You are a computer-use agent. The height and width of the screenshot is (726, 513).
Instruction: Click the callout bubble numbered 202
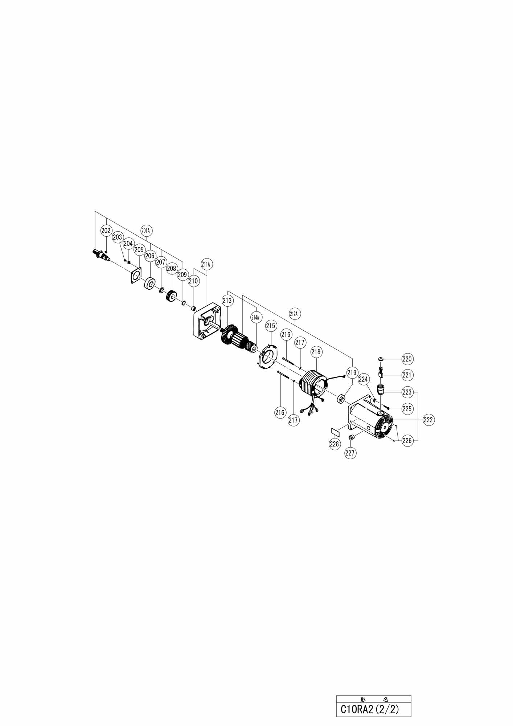click(x=106, y=231)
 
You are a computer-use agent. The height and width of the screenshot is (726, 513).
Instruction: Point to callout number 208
click(x=171, y=269)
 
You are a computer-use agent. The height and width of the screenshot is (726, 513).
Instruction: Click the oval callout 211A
click(x=206, y=264)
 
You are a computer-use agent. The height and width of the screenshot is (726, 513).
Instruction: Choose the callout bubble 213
click(x=227, y=301)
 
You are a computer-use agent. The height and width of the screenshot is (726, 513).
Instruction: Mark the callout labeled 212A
click(x=296, y=313)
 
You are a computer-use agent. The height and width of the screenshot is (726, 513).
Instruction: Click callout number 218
click(x=316, y=352)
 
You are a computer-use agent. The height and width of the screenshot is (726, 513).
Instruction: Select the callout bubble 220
click(x=407, y=359)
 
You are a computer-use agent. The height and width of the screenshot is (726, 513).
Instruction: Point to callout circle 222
click(x=428, y=420)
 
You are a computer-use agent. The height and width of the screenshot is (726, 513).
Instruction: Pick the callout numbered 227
click(x=350, y=453)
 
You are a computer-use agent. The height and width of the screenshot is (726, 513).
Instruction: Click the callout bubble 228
click(x=334, y=444)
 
